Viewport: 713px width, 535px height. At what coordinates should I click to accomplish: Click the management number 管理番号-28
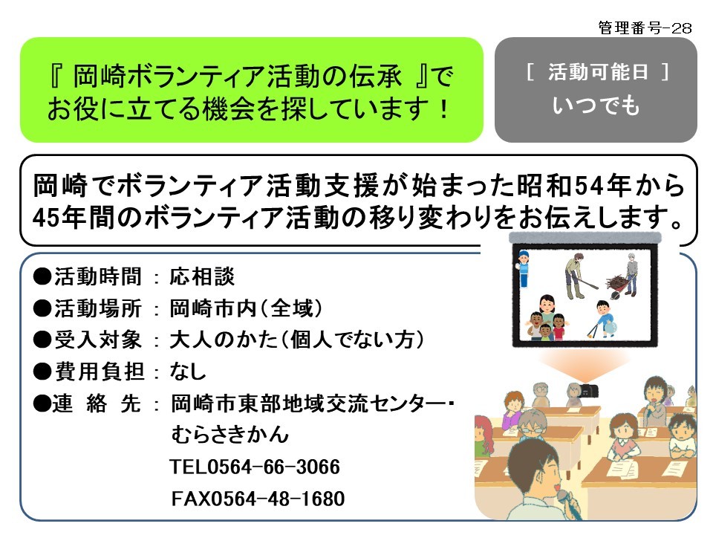tap(645, 27)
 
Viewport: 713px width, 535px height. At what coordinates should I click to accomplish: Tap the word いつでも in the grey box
tap(596, 105)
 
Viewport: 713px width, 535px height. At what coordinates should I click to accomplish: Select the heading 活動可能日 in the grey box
tap(598, 72)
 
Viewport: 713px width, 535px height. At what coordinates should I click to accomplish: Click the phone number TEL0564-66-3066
tap(255, 467)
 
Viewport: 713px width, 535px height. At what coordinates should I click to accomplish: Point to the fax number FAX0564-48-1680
tap(258, 499)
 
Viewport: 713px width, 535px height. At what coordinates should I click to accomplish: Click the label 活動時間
tap(98, 276)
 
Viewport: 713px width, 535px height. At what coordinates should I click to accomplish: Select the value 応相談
tap(202, 276)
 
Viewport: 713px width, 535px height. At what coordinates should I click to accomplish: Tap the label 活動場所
tap(98, 308)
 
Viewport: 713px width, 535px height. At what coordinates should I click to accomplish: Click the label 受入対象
tap(98, 340)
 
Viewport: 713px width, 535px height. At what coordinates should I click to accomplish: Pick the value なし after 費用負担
tap(188, 372)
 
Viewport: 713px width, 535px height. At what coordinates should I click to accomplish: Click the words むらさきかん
tap(230, 435)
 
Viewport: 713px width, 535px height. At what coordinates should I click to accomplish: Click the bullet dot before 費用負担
tap(42, 372)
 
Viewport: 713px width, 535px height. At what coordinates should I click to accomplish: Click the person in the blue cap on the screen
tap(524, 268)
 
